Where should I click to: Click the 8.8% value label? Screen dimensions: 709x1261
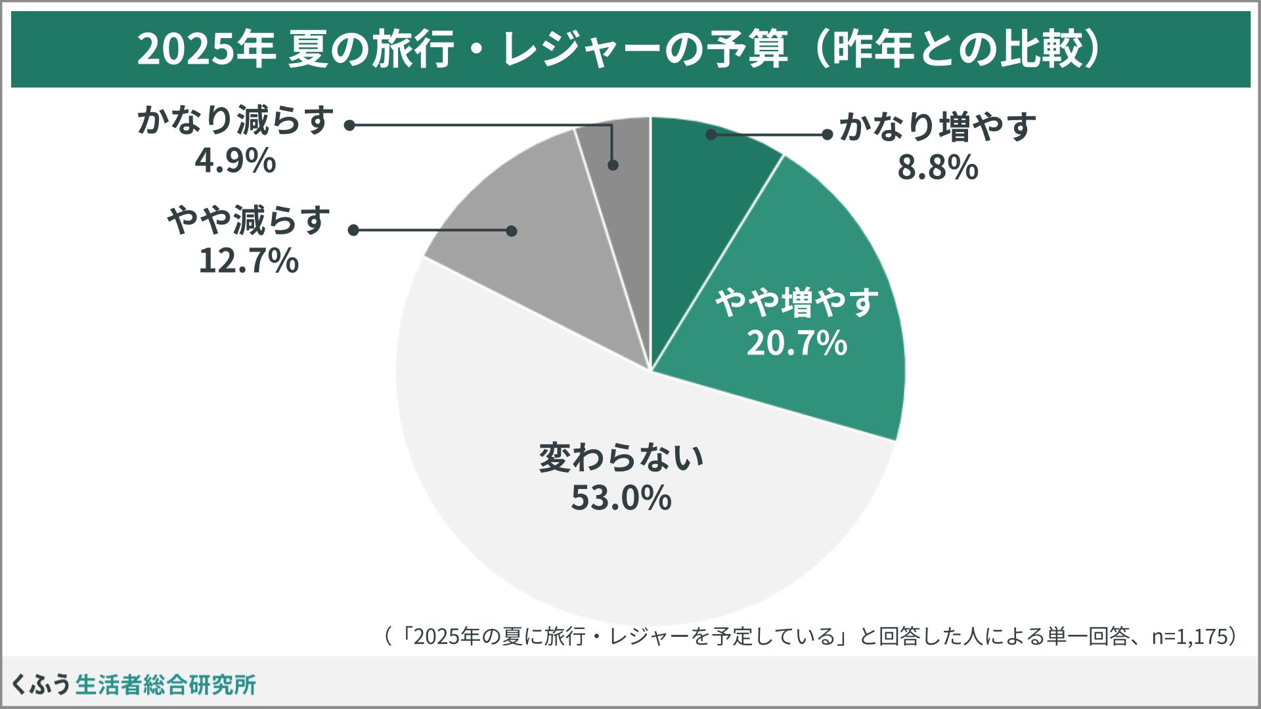(937, 169)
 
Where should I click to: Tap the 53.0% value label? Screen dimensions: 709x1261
(621, 498)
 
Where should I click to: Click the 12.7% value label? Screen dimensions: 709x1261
(248, 261)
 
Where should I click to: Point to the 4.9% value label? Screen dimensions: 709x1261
(234, 161)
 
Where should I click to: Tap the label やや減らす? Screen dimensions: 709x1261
(248, 221)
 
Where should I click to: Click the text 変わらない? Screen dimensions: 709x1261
(621, 458)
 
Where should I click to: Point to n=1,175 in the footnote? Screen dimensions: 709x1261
(1189, 636)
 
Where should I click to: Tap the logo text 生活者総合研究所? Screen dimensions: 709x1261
(166, 685)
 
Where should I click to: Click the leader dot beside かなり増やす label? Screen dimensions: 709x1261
(828, 135)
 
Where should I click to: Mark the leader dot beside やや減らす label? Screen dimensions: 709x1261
(353, 230)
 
